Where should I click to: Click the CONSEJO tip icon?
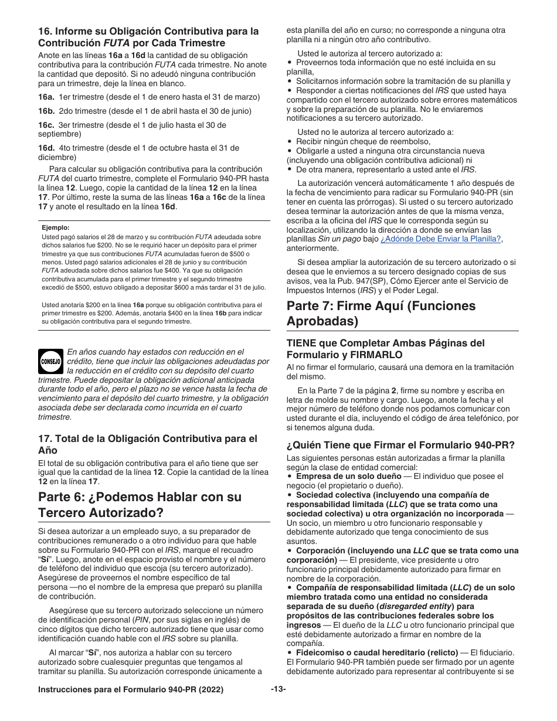[50, 362]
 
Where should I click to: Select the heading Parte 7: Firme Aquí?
[381, 313]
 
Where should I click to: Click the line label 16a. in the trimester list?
[47, 97]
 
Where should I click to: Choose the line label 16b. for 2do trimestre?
[47, 111]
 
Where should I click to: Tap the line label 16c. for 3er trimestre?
[47, 125]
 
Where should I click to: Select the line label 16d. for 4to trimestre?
[47, 148]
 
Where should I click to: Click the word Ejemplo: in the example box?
[56, 227]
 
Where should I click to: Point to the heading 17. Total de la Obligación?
[147, 444]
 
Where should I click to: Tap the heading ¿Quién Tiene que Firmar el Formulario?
[400, 444]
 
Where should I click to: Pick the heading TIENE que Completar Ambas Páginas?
[386, 348]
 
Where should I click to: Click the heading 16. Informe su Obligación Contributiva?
[148, 36]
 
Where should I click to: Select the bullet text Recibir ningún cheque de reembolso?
[363, 141]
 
